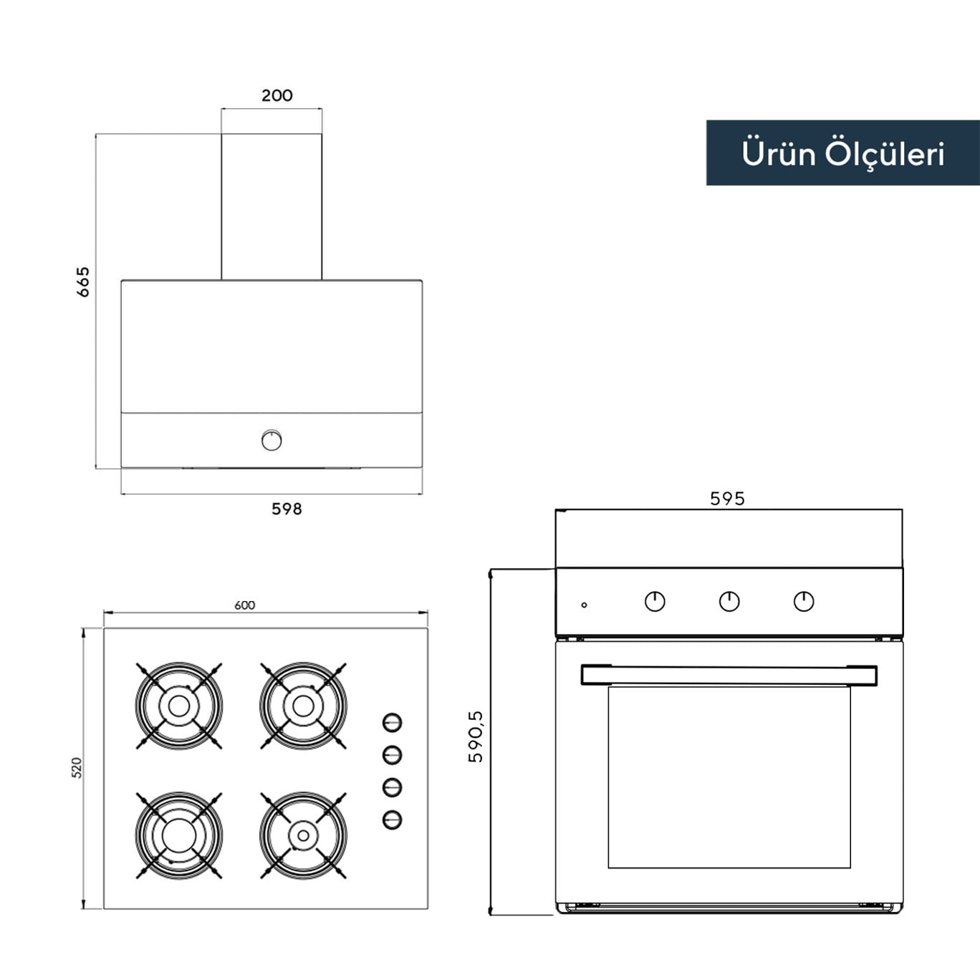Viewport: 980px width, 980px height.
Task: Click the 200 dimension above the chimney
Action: pos(277,95)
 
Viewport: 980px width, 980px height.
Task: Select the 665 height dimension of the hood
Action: pos(83,282)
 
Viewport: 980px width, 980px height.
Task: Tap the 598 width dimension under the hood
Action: pos(287,509)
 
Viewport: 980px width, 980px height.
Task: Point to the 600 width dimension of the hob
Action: pos(244,605)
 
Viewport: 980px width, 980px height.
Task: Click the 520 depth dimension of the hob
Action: pos(77,767)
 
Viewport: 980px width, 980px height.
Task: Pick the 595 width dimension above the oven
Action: pos(727,499)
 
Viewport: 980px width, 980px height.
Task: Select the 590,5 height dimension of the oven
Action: pos(476,736)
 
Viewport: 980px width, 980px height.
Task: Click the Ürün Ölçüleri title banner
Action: pos(842,153)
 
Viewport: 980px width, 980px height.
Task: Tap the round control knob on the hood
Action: pos(272,440)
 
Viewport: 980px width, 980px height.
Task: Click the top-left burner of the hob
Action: pos(179,706)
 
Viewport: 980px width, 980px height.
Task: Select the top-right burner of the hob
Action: pos(303,706)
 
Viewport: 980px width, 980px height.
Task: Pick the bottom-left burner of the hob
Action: pos(179,835)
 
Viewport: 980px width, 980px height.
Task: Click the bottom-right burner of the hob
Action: pos(303,835)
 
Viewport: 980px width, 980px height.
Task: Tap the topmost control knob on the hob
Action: pos(392,722)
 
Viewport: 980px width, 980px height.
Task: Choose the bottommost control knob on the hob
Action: pos(392,820)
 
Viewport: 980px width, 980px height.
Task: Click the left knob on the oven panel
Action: pos(655,601)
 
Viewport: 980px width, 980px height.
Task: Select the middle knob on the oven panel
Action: pos(729,601)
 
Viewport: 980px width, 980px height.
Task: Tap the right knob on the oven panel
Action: pos(804,601)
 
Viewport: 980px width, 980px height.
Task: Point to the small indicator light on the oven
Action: pos(584,605)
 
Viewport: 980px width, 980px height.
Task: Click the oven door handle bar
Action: pos(729,675)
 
